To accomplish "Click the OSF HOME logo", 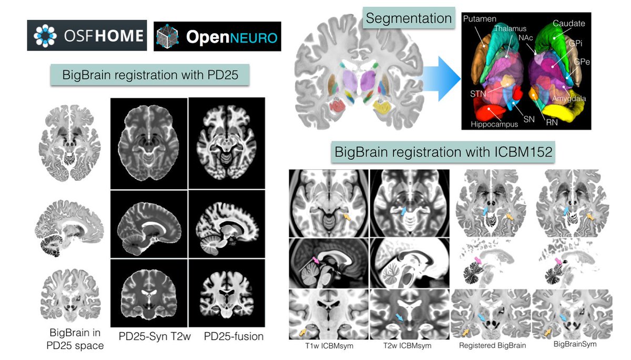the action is (86, 36).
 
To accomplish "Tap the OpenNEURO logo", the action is (217, 36).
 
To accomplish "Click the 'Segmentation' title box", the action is (409, 19).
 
